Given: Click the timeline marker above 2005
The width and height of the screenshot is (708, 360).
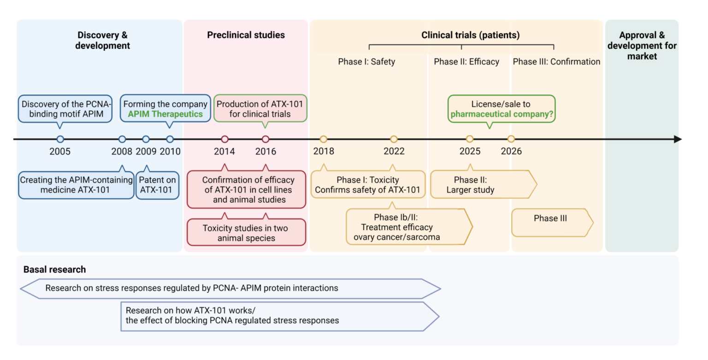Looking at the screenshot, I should (x=60, y=139).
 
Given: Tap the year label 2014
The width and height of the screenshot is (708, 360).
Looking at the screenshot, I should (x=224, y=151).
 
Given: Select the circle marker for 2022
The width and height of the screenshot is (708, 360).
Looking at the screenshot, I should (x=394, y=139).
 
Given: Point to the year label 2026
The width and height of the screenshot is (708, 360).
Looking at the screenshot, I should (x=511, y=151).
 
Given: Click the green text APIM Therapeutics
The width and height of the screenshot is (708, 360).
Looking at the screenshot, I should (x=165, y=114).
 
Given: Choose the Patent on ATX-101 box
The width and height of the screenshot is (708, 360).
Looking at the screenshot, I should (x=157, y=185).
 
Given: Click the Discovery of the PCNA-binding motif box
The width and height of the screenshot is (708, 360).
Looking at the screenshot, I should (x=65, y=109).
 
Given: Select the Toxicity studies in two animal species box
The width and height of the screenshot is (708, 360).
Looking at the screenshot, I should (x=246, y=232).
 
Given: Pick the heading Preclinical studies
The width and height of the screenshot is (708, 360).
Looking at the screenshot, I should (x=246, y=35).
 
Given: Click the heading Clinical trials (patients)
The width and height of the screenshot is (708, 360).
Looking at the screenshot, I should (x=470, y=35).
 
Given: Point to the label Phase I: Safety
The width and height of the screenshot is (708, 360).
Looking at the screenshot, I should (x=366, y=62).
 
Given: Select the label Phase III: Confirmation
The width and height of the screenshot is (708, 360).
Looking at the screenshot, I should (x=556, y=62).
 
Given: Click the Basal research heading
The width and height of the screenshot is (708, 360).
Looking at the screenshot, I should (x=54, y=270).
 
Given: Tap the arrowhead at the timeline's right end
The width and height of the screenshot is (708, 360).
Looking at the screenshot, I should (x=677, y=139).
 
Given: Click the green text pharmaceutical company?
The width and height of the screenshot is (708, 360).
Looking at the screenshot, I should (x=502, y=114).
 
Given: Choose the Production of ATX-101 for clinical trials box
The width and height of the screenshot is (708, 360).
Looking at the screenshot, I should (x=260, y=109).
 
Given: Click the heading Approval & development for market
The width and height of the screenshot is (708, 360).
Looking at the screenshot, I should (x=642, y=46).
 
